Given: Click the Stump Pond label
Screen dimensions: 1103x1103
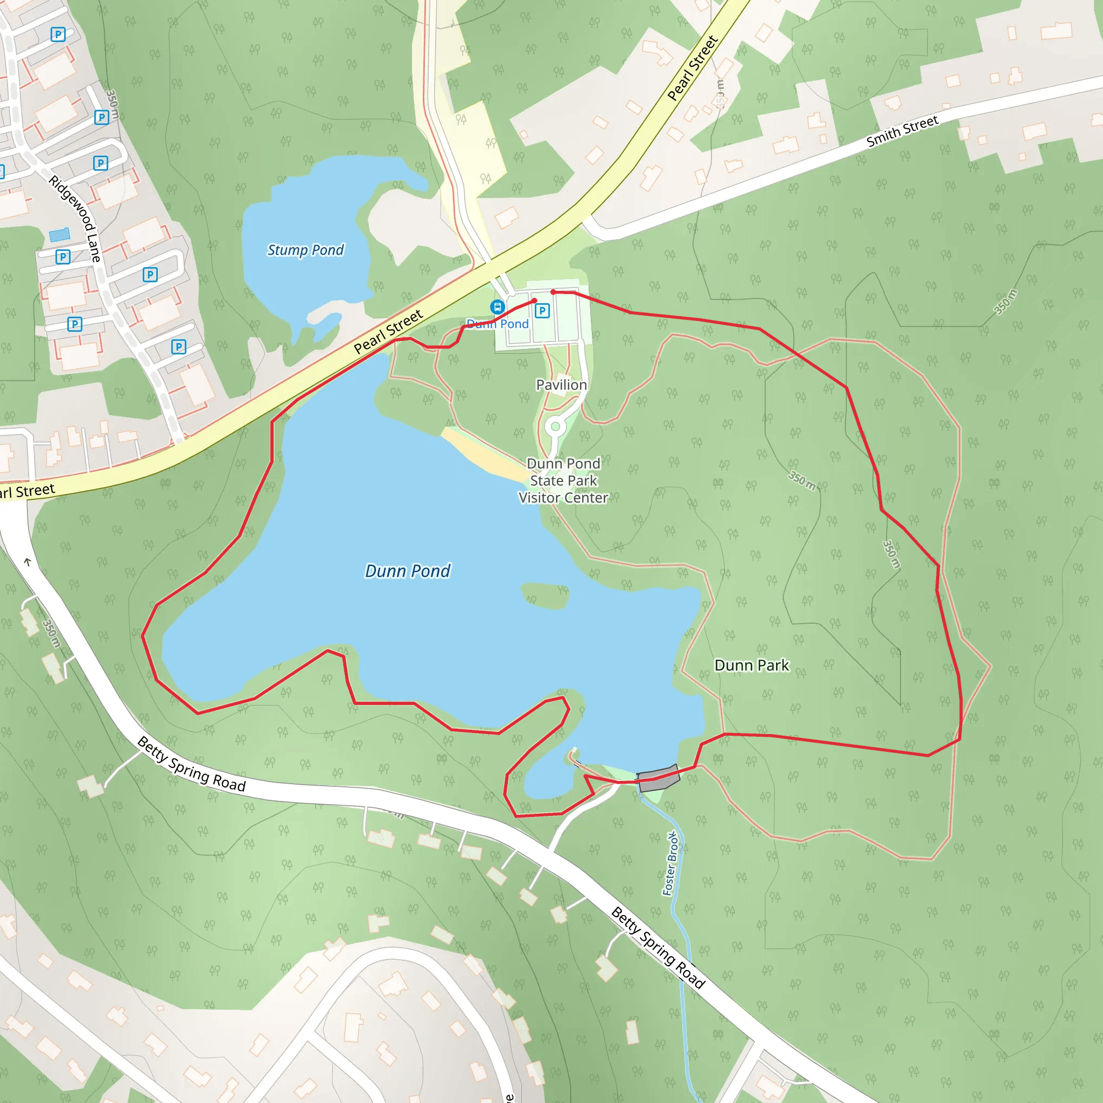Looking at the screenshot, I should [305, 250].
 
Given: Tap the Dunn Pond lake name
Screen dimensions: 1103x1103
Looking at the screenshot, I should [408, 571].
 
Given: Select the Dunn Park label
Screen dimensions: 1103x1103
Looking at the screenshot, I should [751, 665].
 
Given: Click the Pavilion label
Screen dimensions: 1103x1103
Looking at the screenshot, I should [561, 385].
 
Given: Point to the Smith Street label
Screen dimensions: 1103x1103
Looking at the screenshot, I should [902, 131].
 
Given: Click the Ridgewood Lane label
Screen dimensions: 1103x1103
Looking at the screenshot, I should [75, 219].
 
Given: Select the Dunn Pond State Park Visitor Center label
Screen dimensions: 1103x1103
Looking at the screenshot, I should [563, 481].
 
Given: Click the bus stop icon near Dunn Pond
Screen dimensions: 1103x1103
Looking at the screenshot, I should [497, 307].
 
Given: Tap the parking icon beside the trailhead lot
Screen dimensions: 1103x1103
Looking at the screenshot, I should [542, 311].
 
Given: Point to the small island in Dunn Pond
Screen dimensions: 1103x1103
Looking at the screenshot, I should [545, 596].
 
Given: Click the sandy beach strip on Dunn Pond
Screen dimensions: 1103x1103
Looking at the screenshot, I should [484, 454].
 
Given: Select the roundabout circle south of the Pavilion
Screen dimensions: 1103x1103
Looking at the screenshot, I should [555, 427].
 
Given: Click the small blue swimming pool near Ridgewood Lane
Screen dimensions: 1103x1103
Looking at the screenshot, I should [59, 234].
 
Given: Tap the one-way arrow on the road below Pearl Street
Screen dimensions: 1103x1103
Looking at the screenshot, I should [27, 562].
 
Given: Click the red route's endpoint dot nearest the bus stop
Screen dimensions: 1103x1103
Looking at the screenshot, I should [534, 301].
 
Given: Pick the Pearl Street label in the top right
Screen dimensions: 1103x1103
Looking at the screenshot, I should [693, 68].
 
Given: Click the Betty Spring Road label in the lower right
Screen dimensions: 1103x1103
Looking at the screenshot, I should [658, 947].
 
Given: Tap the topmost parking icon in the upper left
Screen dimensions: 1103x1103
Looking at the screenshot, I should [58, 34].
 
